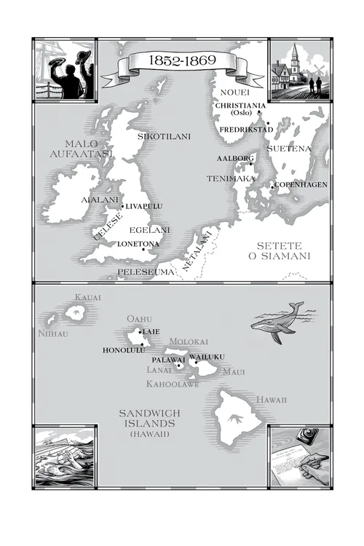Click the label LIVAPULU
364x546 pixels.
tap(144, 206)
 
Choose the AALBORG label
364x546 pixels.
tap(234, 158)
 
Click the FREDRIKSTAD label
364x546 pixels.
tap(245, 130)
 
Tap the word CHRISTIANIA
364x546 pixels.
tap(240, 106)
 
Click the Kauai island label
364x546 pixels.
tap(87, 297)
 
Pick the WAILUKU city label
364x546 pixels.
tap(207, 356)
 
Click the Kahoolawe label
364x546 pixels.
tap(173, 384)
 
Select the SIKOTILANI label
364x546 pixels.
tap(163, 135)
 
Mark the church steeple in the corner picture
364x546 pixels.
tap(294, 58)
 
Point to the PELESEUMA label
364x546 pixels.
tap(146, 272)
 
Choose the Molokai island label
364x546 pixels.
tap(189, 341)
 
